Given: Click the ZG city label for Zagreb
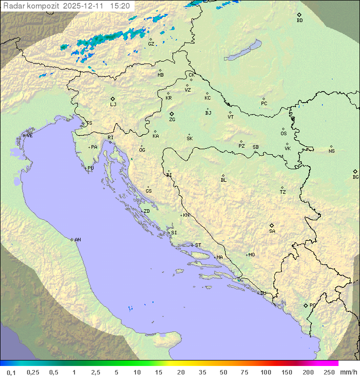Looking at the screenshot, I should tap(172, 120).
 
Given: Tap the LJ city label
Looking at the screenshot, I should tap(113, 105).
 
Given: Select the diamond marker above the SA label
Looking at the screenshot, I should tap(272, 225).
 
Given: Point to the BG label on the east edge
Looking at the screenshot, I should tap(355, 177).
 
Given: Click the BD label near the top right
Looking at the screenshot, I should tap(299, 21).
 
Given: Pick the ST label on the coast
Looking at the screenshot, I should tap(198, 245).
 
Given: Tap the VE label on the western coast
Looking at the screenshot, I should tap(29, 136).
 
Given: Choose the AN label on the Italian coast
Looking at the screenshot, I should tap(77, 240).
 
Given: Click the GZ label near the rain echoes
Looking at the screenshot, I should tap(151, 44).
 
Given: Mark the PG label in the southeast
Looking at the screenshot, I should tap(312, 305).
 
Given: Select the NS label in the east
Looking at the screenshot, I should tap(331, 151).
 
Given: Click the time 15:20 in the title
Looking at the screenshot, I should tap(120, 6).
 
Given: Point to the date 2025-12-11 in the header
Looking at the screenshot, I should tap(84, 6).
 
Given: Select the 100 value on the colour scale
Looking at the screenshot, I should tap(265, 372).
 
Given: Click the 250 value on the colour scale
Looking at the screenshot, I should tap(328, 372).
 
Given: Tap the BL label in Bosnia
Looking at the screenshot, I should tap(223, 180).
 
